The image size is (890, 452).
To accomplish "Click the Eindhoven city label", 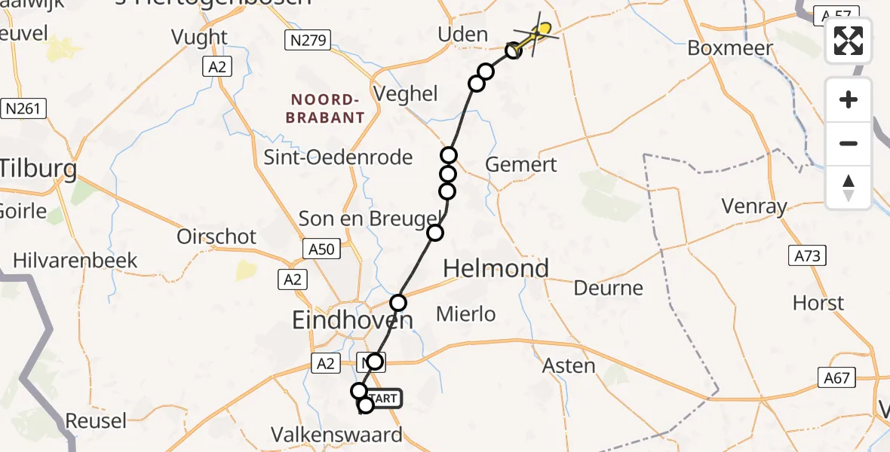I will pos(352,321).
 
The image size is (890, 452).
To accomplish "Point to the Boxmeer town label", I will pos(730,48).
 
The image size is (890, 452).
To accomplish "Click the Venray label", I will pos(753,206).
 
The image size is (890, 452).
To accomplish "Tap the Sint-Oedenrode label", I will pos(338,157).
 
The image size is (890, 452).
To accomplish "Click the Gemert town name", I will pos(521,164).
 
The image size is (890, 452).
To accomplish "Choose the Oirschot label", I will pos(216,237).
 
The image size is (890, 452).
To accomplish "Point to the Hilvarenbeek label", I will pos(75,261).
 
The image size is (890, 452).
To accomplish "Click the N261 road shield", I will pos(23,108).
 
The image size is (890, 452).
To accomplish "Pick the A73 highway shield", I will pos(805,256).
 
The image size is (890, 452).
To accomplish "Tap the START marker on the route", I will pos(385,398).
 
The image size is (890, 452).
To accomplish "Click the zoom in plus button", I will pos(849,100).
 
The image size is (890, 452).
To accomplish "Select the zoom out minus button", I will pos(849,143).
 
